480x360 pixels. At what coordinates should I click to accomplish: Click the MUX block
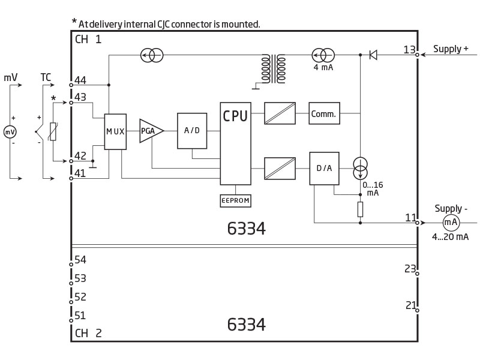point(115,131)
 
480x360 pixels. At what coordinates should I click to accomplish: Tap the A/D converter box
point(192,131)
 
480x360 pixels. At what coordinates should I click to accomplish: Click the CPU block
point(235,143)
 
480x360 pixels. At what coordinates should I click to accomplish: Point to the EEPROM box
point(235,201)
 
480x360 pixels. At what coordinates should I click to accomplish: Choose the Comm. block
point(324,113)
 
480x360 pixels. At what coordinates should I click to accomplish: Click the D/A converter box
point(324,169)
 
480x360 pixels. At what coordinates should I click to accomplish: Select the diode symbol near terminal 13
point(373,55)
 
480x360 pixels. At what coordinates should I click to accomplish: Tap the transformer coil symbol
point(274,69)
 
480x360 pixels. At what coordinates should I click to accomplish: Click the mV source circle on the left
point(10,132)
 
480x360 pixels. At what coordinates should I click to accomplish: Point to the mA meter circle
point(451,223)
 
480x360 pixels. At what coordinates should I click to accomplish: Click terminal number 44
point(80,80)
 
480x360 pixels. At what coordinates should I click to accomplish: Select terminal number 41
point(80,173)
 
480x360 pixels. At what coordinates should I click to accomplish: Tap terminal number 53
point(80,278)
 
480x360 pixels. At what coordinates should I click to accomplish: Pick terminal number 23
point(410,268)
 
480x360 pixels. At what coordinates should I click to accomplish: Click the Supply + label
point(451,49)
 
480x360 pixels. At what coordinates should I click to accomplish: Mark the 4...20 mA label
point(451,236)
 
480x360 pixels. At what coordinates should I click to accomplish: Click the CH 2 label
point(88,333)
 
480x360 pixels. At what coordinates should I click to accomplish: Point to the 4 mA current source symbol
point(323,55)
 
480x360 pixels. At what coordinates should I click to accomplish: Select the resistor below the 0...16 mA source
point(361,209)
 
